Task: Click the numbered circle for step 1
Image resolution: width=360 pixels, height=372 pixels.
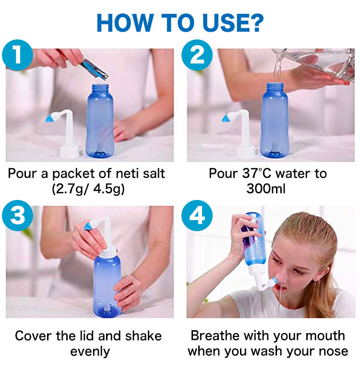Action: (17, 55)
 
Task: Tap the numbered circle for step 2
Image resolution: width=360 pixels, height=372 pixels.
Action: (197, 55)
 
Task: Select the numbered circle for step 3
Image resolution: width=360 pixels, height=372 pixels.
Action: (17, 215)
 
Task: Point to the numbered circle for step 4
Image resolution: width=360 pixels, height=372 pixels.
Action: (197, 215)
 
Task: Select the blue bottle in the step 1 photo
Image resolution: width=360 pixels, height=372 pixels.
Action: (100, 121)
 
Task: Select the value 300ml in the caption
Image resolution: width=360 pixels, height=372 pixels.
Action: (265, 189)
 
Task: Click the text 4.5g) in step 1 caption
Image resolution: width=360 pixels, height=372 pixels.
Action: (109, 189)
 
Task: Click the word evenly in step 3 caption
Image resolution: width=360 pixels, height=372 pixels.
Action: (90, 352)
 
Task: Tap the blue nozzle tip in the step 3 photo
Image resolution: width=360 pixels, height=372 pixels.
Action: (87, 225)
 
